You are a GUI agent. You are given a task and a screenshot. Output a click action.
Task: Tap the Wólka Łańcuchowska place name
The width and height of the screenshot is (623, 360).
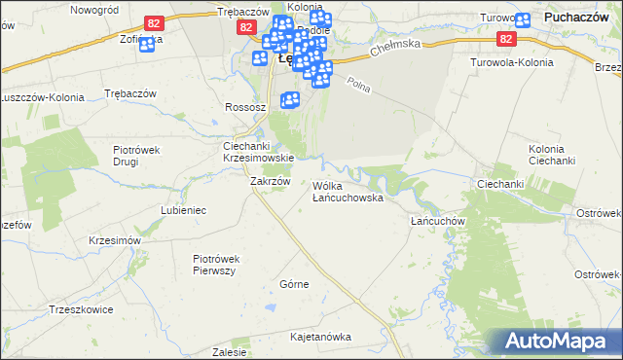click(348, 191)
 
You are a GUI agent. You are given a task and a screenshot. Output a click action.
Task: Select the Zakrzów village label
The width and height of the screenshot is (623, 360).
click(271, 181)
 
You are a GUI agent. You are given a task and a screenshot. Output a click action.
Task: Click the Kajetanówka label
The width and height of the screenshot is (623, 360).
click(320, 337)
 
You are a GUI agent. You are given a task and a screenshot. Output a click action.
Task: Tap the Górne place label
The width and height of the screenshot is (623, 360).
click(294, 284)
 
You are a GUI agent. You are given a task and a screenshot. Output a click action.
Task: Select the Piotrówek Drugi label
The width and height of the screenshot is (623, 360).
click(137, 157)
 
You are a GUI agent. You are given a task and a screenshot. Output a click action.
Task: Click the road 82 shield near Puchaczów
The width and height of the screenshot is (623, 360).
click(504, 38)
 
